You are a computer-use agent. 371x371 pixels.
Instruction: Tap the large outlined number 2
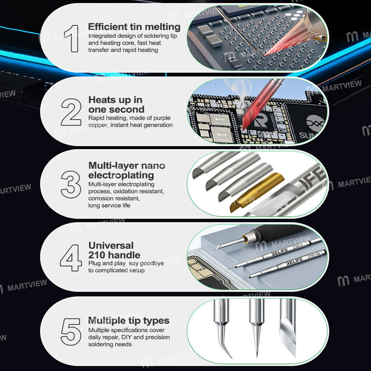[71, 112]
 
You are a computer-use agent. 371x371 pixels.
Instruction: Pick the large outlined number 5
[71, 331]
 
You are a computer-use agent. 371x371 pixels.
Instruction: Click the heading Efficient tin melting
[134, 27]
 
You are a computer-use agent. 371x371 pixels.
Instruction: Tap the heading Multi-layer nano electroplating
[127, 170]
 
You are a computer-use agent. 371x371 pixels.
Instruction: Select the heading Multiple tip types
[129, 321]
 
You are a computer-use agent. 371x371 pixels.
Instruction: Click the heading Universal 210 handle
[114, 250]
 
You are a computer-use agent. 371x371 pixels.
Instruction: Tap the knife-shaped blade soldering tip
[288, 326]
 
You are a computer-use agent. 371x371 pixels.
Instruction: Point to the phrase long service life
[109, 205]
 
